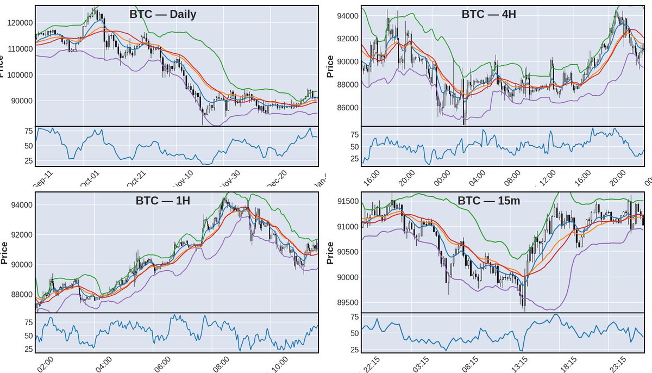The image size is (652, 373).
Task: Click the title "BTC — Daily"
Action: (x=162, y=15)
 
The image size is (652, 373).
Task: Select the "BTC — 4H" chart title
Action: (x=488, y=14)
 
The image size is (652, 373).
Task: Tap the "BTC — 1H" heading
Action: (x=162, y=201)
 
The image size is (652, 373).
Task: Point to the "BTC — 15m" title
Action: (x=488, y=201)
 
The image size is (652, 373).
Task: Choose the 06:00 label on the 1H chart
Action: (x=162, y=363)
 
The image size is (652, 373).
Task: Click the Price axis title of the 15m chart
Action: (x=330, y=253)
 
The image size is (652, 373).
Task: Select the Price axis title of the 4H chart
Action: (x=330, y=66)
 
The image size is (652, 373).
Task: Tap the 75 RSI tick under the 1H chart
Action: (x=26, y=322)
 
